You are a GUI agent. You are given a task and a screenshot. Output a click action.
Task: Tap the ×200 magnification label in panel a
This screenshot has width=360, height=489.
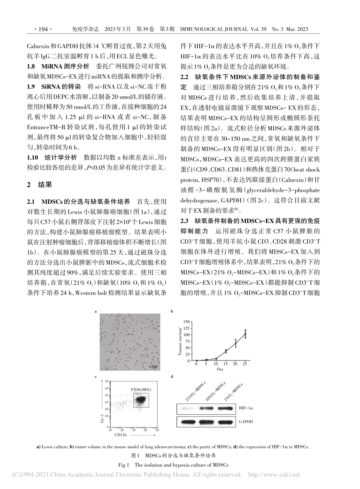153,367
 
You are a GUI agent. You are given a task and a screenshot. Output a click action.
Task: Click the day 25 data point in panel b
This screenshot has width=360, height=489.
245,334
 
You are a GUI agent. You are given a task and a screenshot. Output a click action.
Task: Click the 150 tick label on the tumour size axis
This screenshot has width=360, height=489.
186,322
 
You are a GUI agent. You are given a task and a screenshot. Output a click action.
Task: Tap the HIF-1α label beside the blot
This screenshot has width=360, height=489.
245,408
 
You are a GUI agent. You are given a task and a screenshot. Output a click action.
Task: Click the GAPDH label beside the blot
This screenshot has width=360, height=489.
246,421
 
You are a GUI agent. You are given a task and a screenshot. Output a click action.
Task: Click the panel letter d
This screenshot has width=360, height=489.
172,376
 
